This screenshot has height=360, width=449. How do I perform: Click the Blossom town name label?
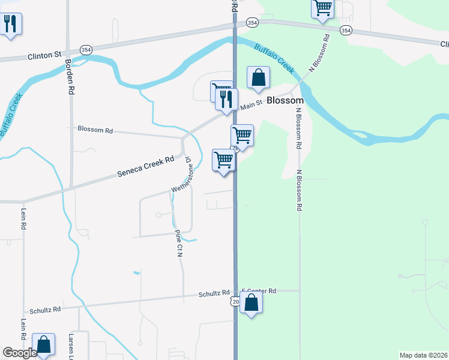tap(285, 101)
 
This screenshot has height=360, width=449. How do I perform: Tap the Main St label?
tap(252, 106)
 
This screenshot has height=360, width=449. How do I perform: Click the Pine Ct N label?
tap(178, 244)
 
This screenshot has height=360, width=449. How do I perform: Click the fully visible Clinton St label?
tap(44, 56)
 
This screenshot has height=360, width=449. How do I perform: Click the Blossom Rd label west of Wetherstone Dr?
tap(95, 129)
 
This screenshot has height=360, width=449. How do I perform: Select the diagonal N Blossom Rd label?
tap(319, 53)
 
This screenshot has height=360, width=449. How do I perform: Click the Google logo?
tap(20, 353)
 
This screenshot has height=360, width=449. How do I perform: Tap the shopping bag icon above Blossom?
tap(258, 78)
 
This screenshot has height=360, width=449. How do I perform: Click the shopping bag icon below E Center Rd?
tap(252, 303)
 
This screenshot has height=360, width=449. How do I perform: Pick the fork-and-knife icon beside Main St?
tap(226, 99)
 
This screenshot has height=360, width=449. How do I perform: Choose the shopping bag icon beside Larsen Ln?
tap(43, 345)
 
